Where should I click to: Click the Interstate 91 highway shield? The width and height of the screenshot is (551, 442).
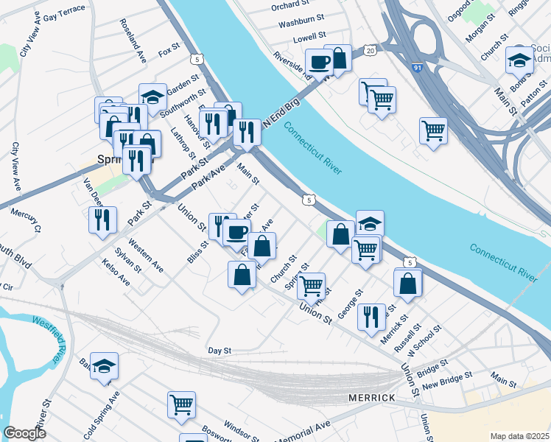click(418, 68)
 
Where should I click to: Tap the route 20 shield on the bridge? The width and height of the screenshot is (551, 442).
click(370, 49)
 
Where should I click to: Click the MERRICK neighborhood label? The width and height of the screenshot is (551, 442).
click(372, 398)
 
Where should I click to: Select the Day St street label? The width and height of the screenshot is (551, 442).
click(220, 351)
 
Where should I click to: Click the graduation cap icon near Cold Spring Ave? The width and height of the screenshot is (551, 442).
click(105, 365)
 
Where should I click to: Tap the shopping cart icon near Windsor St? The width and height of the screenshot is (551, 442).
click(181, 404)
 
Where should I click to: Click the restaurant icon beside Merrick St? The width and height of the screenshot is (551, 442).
click(371, 316)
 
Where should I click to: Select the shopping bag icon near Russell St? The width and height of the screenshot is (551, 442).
click(408, 283)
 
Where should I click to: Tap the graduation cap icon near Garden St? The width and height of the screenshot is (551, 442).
click(152, 96)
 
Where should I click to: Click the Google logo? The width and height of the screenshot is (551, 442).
click(24, 433)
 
